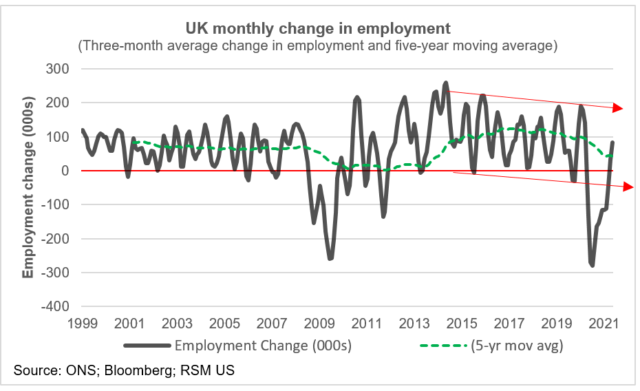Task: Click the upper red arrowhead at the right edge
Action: click(x=618, y=108)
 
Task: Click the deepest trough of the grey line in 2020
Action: click(x=592, y=265)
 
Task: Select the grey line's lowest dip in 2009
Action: click(x=330, y=259)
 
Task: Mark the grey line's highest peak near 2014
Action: click(x=445, y=83)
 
